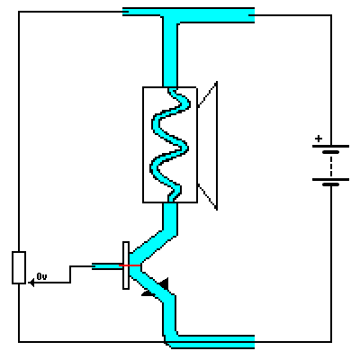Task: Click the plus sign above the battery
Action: pyautogui.click(x=319, y=139)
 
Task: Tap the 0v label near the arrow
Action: pyautogui.click(x=41, y=276)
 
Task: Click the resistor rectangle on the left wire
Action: pyautogui.click(x=19, y=267)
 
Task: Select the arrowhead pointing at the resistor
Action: pyautogui.click(x=31, y=283)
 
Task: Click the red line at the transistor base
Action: pyautogui.click(x=130, y=265)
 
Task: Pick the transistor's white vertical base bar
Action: pyautogui.click(x=126, y=265)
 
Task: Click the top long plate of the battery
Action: pyautogui.click(x=330, y=147)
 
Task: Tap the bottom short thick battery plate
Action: pyautogui.click(x=330, y=184)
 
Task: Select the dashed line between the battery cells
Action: pyautogui.click(x=331, y=166)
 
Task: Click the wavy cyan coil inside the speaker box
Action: pyautogui.click(x=170, y=145)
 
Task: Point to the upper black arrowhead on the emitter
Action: pyautogui.click(x=164, y=283)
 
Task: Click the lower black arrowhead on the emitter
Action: pyautogui.click(x=148, y=294)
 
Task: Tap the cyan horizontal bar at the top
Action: pyautogui.click(x=188, y=15)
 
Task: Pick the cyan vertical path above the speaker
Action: pyautogui.click(x=170, y=55)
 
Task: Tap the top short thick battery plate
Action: pyautogui.click(x=330, y=152)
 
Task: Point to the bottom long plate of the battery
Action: pyautogui.click(x=330, y=179)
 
